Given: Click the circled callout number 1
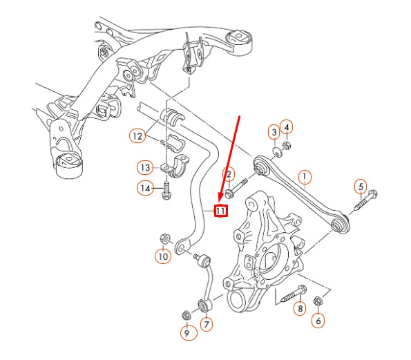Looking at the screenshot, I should [x=304, y=178].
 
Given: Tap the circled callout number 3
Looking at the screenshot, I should [x=274, y=131].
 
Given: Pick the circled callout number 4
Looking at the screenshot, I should [x=287, y=126].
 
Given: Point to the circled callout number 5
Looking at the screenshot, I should [x=360, y=186].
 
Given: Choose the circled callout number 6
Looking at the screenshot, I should [x=318, y=321].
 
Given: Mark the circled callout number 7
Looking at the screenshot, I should [x=206, y=323].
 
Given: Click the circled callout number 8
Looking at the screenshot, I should [x=300, y=309].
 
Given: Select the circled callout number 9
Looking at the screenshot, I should [x=186, y=333].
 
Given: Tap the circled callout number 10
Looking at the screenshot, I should [x=162, y=256].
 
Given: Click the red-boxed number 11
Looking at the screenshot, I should [x=221, y=210].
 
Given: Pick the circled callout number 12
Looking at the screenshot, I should [x=137, y=137].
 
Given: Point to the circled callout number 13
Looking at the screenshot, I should [x=145, y=167].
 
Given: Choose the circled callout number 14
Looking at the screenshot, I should [x=145, y=187].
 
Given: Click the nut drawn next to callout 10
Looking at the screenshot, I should [x=164, y=238].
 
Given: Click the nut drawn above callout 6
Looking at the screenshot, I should [x=318, y=301].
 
